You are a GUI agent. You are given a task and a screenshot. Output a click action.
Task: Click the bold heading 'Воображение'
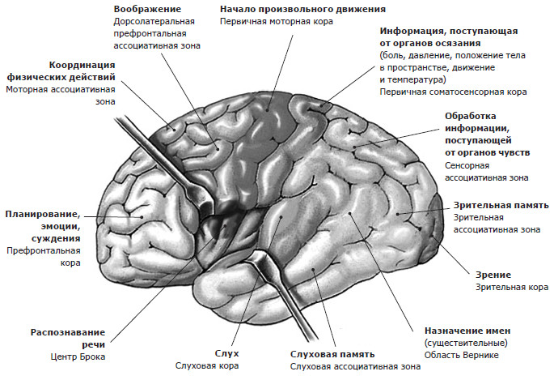click(147, 9)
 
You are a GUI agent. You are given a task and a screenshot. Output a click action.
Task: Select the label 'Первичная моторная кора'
click(277, 22)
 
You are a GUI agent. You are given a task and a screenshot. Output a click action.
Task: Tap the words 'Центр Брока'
click(78, 357)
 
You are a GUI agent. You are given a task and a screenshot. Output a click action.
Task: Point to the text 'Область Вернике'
click(462, 355)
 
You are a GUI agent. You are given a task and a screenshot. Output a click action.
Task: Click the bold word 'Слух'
click(226, 353)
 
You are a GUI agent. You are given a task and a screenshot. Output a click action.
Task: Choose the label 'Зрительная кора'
click(512, 288)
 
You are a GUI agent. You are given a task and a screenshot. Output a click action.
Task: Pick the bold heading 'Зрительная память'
click(501, 206)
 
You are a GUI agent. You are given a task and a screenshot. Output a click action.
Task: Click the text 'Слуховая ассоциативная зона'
click(355, 366)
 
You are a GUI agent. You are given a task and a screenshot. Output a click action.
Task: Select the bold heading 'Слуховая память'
click(332, 354)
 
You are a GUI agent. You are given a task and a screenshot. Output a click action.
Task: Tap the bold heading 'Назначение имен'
click(467, 331)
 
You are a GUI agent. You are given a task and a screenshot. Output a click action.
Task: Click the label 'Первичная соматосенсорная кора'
click(453, 92)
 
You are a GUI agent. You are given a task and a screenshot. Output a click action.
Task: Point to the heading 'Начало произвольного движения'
click(302, 9)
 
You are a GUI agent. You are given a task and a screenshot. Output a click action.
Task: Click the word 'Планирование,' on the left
click(43, 215)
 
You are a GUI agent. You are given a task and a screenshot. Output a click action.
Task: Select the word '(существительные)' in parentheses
click(466, 343)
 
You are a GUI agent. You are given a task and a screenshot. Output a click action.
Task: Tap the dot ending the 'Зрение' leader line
click(431, 236)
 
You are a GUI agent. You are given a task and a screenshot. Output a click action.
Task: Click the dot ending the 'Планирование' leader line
click(142, 217)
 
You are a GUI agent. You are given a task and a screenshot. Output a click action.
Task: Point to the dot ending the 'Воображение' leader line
click(218, 149)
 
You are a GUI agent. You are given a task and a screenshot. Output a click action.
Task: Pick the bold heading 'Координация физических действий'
click(61, 71)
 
